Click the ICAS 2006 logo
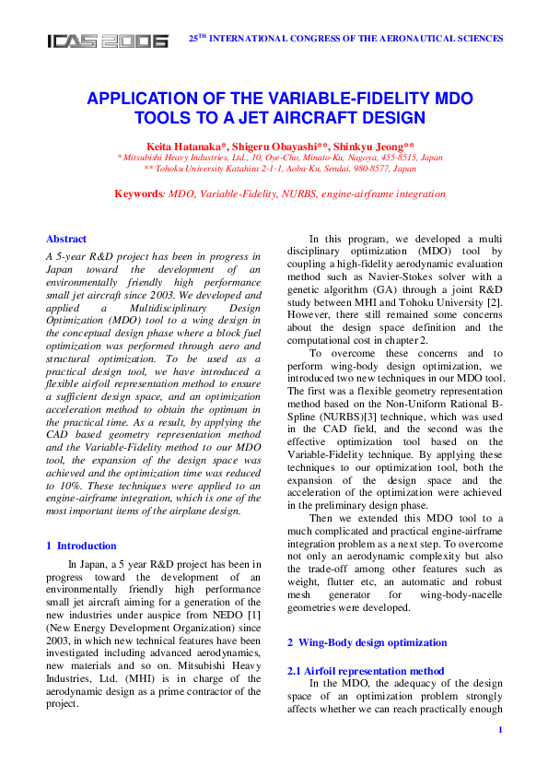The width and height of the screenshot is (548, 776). tap(108, 41)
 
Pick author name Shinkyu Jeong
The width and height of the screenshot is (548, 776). tap(366, 146)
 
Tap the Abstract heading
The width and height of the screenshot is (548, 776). tap(66, 239)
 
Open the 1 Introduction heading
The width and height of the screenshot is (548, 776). tap(81, 546)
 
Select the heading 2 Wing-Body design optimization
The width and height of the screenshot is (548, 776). tap(367, 642)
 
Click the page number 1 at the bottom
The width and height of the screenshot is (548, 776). tap(499, 730)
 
